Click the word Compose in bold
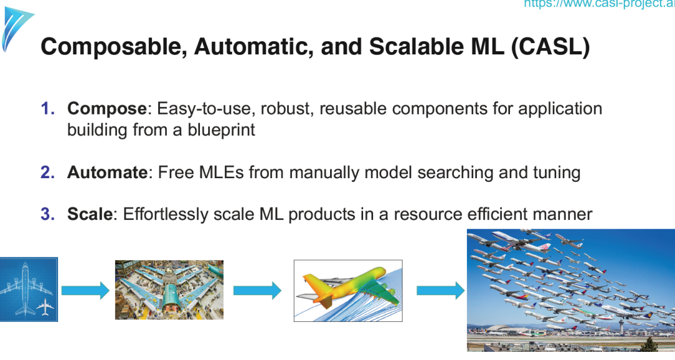click(107, 109)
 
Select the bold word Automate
click(107, 172)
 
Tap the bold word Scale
click(90, 214)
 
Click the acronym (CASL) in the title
click(549, 47)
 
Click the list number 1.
click(47, 109)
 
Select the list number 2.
click(47, 172)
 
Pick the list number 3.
click(47, 214)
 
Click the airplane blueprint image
click(29, 289)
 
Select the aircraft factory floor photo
click(169, 290)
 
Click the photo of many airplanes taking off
click(571, 290)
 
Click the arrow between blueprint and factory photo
click(86, 291)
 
